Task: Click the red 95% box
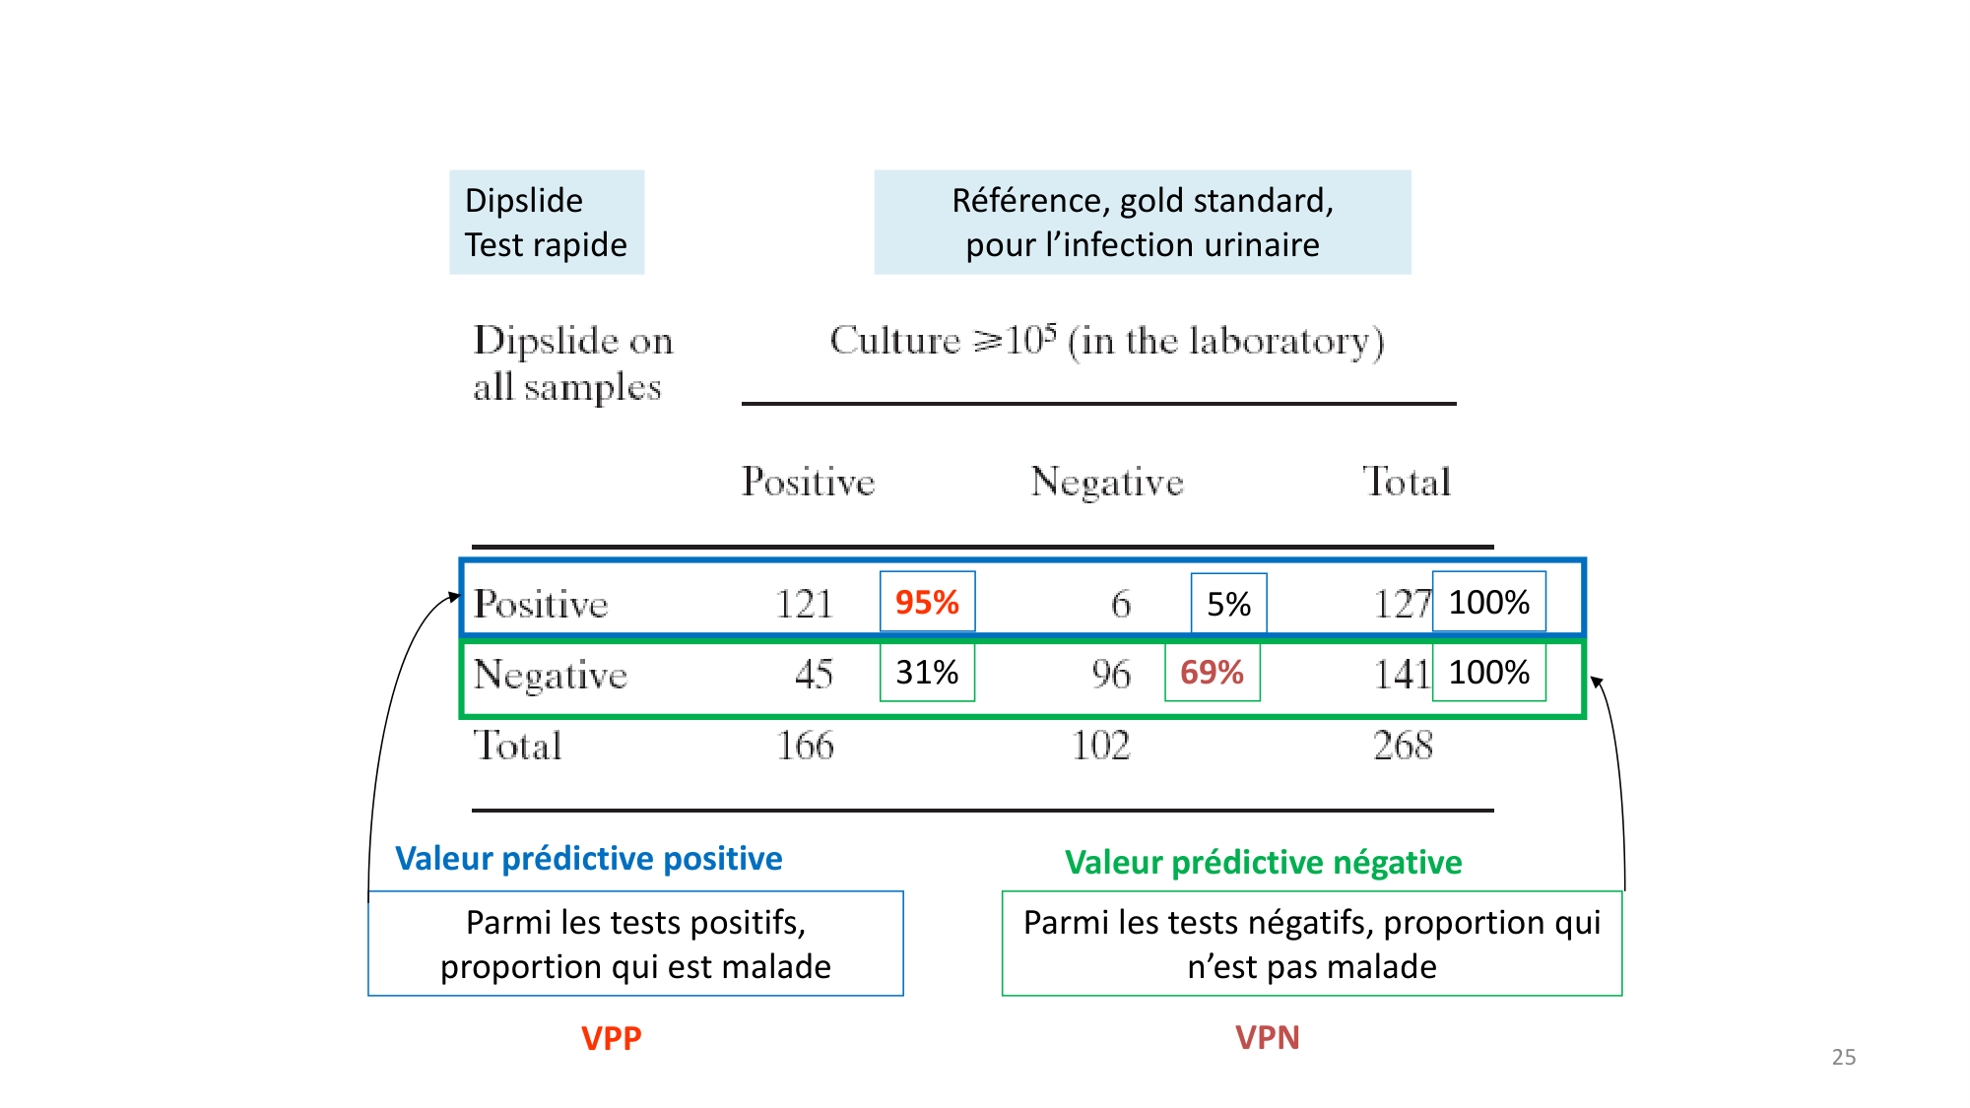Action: (x=927, y=602)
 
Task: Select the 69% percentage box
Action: (x=1212, y=673)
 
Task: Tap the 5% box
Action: (x=1228, y=604)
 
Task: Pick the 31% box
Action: (x=927, y=673)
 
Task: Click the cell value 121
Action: (x=804, y=604)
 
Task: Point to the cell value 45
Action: (x=814, y=674)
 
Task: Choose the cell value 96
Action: (x=1110, y=674)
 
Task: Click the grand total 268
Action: (x=1403, y=746)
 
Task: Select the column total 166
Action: (x=804, y=746)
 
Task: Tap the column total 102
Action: (x=1100, y=746)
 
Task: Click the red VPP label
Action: (x=611, y=1038)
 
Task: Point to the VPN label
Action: (x=1267, y=1037)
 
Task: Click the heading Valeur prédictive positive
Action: (x=588, y=859)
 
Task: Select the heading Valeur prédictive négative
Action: (x=1263, y=863)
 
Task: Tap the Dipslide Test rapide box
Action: (x=547, y=223)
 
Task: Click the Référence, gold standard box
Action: (x=1143, y=223)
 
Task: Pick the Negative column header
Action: (x=1106, y=482)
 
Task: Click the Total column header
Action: (x=1407, y=482)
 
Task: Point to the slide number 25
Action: (x=1843, y=1057)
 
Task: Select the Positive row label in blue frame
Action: (x=541, y=604)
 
